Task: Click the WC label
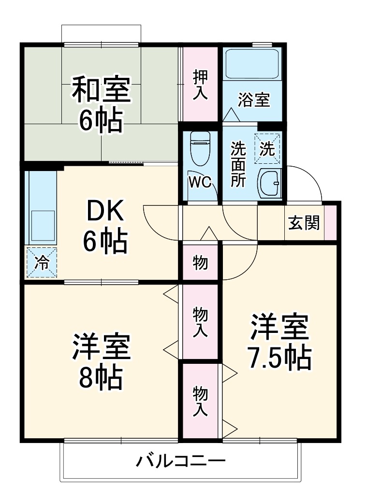coord(200,183)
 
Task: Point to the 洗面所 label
coord(237,164)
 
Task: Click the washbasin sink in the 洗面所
coord(268,184)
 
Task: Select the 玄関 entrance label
coord(304,223)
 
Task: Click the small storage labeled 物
coord(200,263)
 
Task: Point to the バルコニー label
coord(180,459)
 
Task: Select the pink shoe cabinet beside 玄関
coord(330,222)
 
